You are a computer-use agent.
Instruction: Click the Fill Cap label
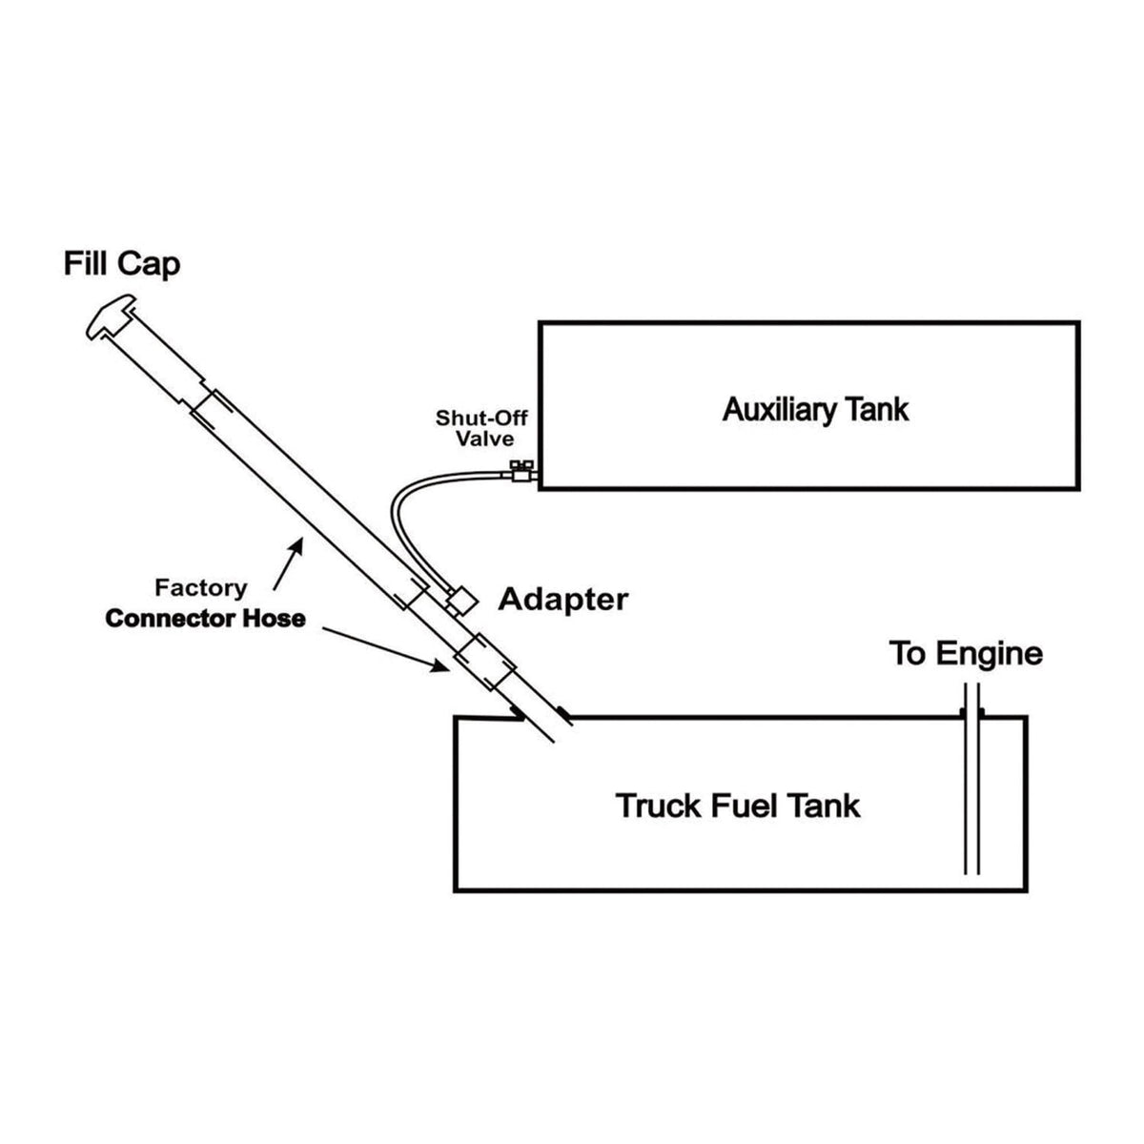[121, 263]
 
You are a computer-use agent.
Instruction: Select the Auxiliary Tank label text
[815, 410]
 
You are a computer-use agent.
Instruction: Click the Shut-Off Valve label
[481, 428]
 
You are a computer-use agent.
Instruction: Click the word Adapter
[563, 600]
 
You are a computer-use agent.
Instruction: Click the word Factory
[200, 588]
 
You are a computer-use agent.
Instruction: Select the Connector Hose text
[205, 619]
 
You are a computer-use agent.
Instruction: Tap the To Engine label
[965, 654]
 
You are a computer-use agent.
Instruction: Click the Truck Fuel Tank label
[738, 806]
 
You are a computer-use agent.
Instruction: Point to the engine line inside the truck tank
[971, 801]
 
